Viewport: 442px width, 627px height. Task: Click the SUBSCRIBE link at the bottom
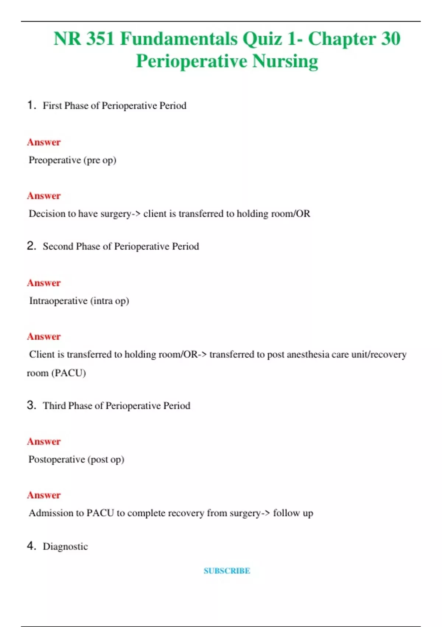tap(227, 571)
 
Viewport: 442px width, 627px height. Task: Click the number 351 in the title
tap(100, 39)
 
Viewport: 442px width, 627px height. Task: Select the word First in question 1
tap(52, 105)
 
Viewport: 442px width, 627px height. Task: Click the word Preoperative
tap(55, 160)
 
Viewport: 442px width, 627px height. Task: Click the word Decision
tap(47, 214)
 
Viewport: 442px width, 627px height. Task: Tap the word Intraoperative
tap(58, 301)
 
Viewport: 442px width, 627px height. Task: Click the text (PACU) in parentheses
tap(69, 373)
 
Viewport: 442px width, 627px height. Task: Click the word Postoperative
tap(57, 460)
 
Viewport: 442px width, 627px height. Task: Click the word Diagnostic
tap(65, 546)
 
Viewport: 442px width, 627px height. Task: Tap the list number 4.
tap(31, 545)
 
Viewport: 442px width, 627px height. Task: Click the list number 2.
tap(31, 246)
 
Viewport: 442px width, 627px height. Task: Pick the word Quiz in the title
tap(262, 39)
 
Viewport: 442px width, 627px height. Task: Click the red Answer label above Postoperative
tap(44, 441)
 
